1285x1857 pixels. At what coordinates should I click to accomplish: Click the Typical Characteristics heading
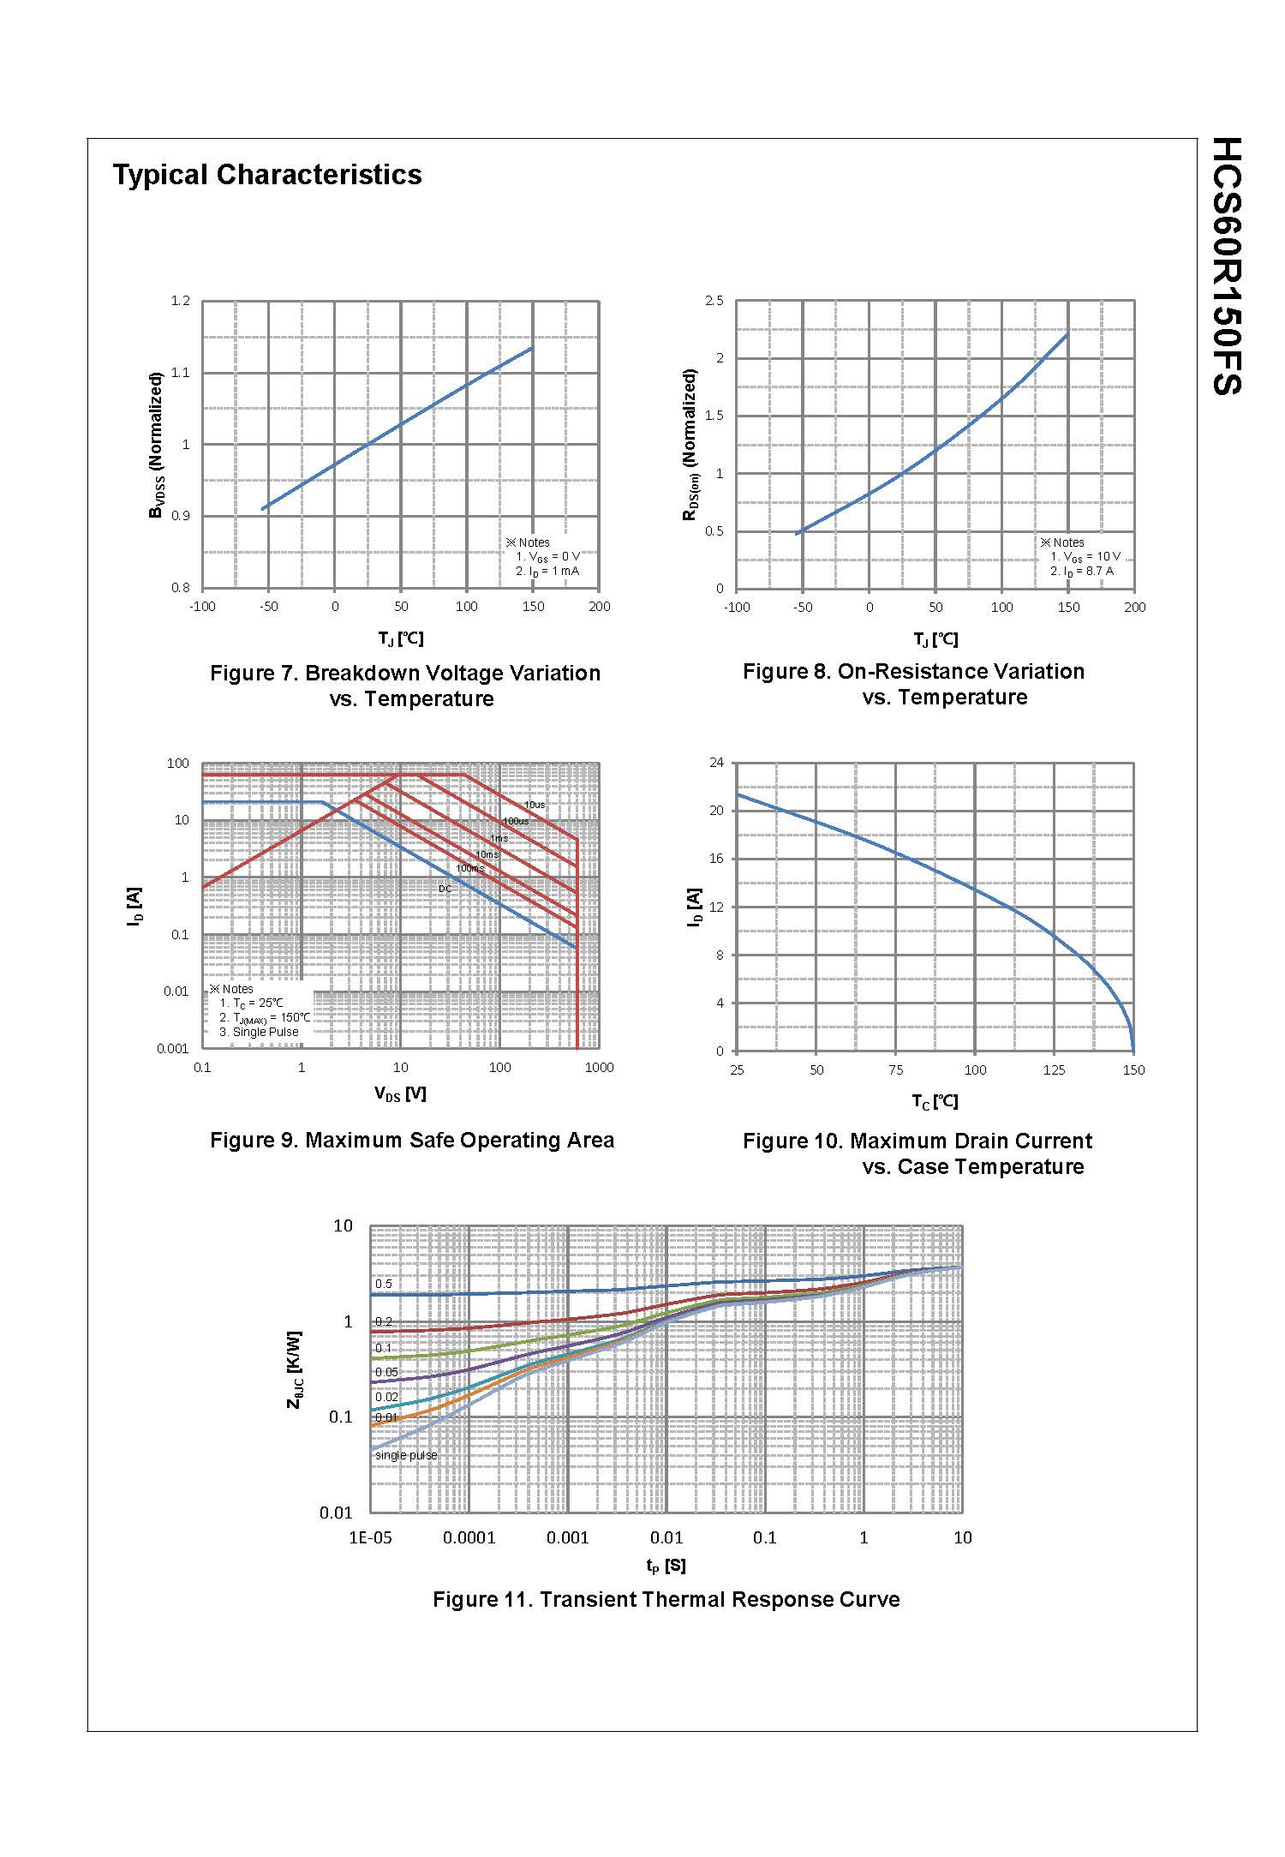(267, 175)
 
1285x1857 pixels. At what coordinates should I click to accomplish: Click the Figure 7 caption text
(405, 686)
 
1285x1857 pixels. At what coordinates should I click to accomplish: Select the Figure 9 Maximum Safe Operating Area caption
(412, 1141)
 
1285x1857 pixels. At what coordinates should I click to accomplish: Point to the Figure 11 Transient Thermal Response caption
(666, 1600)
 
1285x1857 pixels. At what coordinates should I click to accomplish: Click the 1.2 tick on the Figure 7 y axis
(180, 301)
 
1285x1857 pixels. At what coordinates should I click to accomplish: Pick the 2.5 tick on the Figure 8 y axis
(714, 301)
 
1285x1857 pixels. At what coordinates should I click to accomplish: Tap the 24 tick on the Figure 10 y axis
(716, 763)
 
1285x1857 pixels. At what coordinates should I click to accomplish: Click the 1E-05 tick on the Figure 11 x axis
(370, 1538)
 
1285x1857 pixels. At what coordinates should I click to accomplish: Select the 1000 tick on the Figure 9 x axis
(599, 1068)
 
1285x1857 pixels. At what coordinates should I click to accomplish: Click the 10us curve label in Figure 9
(535, 806)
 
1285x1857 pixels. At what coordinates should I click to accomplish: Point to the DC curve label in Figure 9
(445, 889)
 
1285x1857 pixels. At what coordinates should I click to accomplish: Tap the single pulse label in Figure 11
(406, 1455)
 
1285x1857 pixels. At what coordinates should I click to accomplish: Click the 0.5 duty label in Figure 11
(384, 1284)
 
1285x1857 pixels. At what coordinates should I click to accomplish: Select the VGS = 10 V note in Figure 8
(1085, 557)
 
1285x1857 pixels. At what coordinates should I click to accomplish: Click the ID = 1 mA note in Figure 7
(547, 572)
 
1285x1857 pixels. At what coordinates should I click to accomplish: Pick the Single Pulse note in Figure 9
(259, 1032)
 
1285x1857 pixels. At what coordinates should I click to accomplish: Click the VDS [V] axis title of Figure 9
(400, 1094)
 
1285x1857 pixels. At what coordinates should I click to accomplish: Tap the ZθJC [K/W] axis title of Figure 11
(294, 1370)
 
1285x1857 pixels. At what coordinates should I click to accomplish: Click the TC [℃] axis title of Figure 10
(935, 1102)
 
